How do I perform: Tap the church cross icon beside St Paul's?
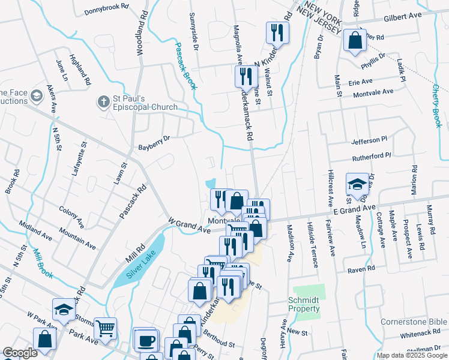click(104, 102)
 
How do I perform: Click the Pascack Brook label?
click(185, 65)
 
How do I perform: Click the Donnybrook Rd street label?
click(107, 9)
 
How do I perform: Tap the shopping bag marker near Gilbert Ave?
click(355, 40)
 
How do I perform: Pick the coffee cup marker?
click(145, 341)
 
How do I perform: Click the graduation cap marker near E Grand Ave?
click(357, 185)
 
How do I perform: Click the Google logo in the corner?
click(20, 353)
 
